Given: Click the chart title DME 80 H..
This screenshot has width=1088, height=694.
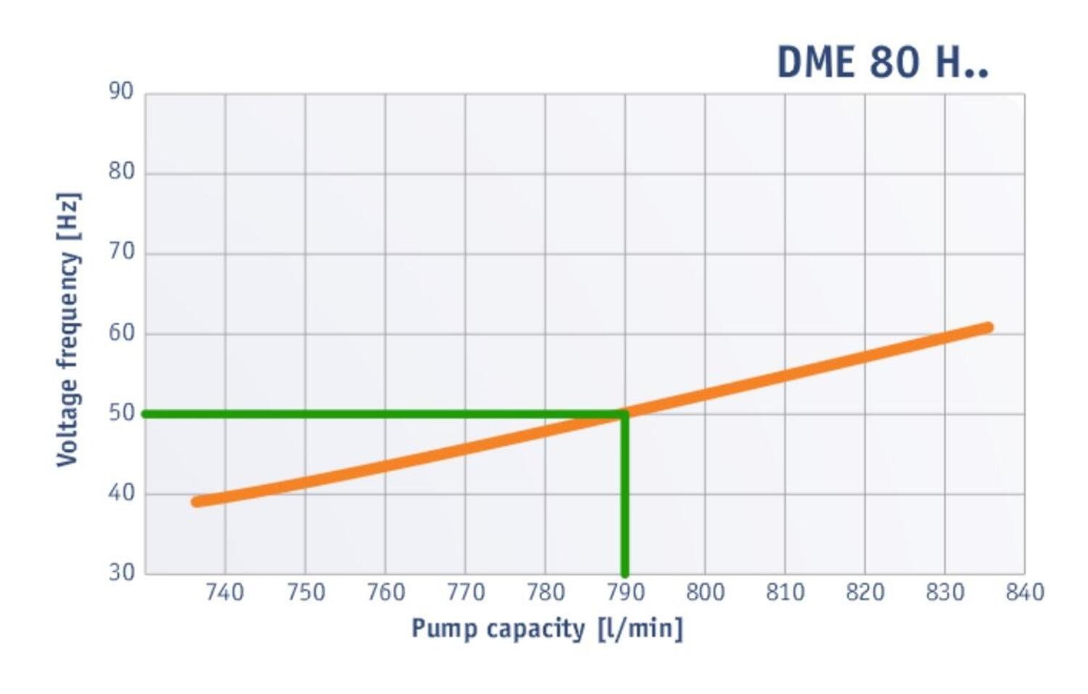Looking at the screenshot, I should click(882, 62).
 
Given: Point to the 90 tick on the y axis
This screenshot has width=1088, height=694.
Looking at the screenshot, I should click(121, 92).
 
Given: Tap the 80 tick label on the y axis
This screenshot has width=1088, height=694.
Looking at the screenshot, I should click(121, 172).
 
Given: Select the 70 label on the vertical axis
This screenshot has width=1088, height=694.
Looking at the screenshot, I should click(121, 252).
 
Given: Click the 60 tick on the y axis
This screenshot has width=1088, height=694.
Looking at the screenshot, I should click(121, 333).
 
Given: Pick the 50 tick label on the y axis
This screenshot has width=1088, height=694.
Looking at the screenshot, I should click(121, 413).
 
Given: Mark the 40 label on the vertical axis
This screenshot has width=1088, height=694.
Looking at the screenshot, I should click(121, 493).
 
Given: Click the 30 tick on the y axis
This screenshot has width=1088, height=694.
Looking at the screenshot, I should click(121, 573).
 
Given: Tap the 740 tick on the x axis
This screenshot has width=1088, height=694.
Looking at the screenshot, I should click(225, 592).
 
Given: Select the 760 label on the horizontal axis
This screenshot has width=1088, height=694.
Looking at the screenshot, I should click(385, 592).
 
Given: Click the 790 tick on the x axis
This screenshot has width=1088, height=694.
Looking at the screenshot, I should click(625, 592).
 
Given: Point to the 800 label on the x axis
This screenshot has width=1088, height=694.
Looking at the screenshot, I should click(705, 592).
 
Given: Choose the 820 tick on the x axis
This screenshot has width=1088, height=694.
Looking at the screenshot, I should click(865, 592).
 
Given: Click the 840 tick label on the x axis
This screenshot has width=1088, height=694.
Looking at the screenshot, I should click(1024, 592).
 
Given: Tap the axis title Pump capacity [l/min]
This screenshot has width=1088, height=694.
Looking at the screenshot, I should click(547, 628).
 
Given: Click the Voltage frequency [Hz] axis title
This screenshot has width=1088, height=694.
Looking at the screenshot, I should click(68, 330).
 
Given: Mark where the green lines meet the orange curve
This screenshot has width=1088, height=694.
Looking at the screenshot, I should click(625, 414).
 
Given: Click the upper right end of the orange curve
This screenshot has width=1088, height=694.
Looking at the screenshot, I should click(987, 328).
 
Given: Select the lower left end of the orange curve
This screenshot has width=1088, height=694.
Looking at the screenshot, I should click(197, 502).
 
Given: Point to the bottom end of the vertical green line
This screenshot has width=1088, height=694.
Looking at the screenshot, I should click(625, 572).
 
